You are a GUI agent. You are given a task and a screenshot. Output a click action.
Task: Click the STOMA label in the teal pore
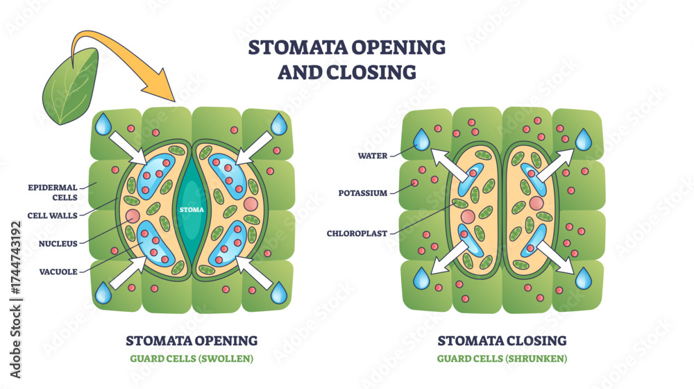[192, 210]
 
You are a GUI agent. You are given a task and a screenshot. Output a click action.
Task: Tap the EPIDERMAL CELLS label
[53, 192]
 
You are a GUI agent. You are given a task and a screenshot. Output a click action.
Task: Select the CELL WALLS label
[52, 216]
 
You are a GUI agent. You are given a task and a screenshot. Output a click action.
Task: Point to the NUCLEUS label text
[58, 244]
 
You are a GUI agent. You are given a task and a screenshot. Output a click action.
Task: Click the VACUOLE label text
[58, 272]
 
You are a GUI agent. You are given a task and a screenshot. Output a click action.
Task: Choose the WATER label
[373, 156]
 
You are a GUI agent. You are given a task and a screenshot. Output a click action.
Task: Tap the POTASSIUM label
[363, 193]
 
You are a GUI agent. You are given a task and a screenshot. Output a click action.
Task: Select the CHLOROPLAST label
[357, 233]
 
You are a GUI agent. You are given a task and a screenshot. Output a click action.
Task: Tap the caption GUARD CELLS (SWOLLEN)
[192, 358]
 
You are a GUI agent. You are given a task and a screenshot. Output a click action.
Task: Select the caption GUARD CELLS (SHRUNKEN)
[502, 358]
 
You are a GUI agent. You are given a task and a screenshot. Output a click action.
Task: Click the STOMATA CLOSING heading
[502, 340]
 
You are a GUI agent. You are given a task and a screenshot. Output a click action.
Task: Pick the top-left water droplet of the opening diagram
[103, 124]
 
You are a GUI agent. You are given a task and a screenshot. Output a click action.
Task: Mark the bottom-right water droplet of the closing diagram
[584, 279]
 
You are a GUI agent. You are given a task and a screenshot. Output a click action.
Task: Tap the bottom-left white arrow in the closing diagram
[450, 257]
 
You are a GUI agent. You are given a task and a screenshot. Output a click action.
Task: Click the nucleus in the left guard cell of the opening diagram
[133, 216]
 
